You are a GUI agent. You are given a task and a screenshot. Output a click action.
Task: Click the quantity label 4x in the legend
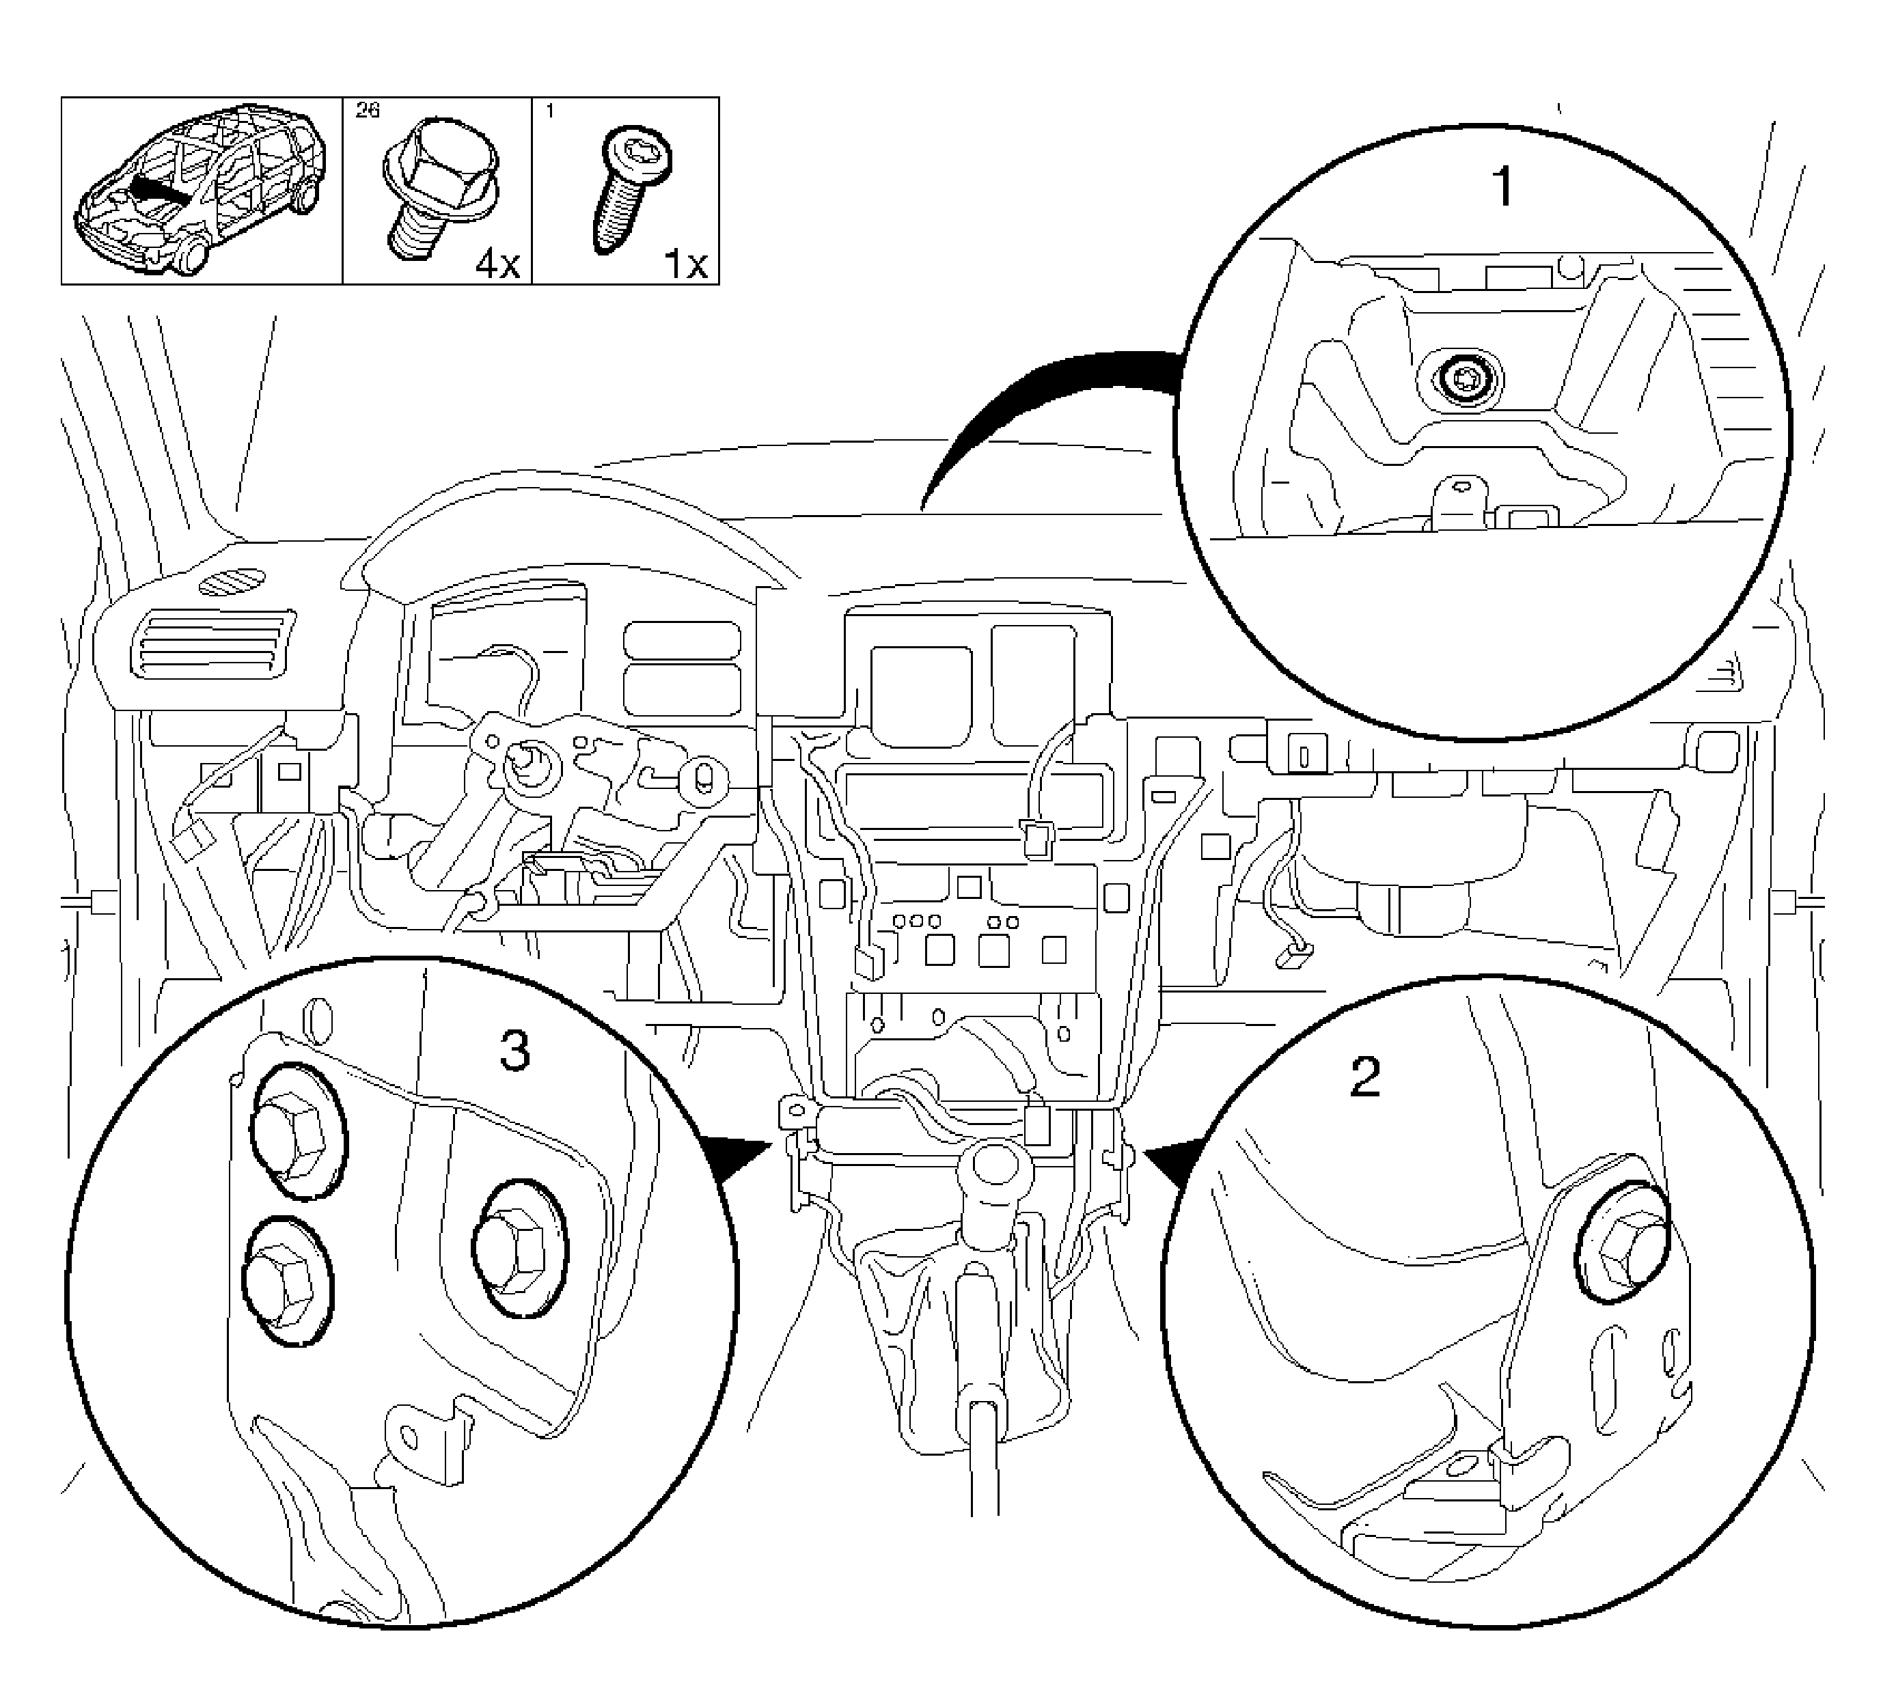pyautogui.click(x=497, y=265)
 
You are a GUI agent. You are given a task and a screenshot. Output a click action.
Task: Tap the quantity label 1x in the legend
pyautogui.click(x=685, y=265)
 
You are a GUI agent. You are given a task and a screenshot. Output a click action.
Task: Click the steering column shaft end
pyautogui.click(x=525, y=763)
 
